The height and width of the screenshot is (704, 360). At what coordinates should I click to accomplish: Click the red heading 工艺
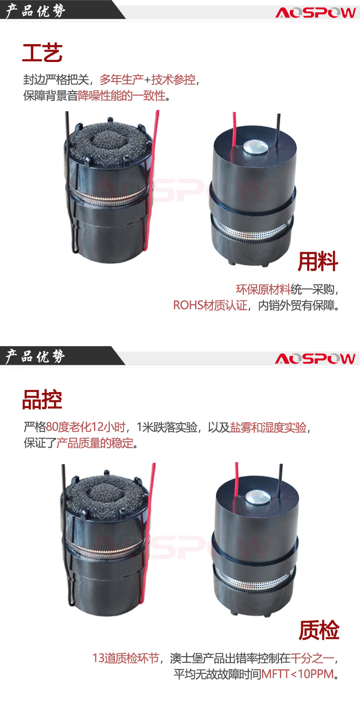click(x=42, y=53)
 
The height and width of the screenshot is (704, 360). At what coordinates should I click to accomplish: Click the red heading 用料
click(x=318, y=261)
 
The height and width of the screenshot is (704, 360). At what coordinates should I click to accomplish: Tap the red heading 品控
click(x=42, y=399)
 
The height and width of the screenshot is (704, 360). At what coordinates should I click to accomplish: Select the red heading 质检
click(x=319, y=630)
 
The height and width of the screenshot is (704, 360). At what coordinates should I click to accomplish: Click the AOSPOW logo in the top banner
click(x=315, y=13)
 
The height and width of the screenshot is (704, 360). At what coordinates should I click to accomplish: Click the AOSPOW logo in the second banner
click(x=315, y=358)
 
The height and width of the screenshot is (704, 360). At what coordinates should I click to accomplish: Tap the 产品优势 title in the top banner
click(x=35, y=10)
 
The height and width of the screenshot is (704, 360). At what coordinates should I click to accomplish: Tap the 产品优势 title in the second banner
click(x=35, y=356)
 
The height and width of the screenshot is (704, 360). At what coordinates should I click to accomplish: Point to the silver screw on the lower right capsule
click(x=258, y=497)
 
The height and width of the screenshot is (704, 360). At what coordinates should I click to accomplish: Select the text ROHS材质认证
click(x=210, y=305)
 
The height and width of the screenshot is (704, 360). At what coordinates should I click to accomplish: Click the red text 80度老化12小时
click(x=86, y=427)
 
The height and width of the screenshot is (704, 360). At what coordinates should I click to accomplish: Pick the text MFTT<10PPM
click(x=298, y=674)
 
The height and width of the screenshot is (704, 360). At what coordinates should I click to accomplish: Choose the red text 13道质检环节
click(x=126, y=658)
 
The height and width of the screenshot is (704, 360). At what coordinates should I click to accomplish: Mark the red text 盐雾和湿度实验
click(x=268, y=427)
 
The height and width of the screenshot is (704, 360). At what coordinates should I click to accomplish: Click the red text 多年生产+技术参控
click(x=147, y=80)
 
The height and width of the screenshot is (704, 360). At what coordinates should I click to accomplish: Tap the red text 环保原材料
click(x=263, y=290)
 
